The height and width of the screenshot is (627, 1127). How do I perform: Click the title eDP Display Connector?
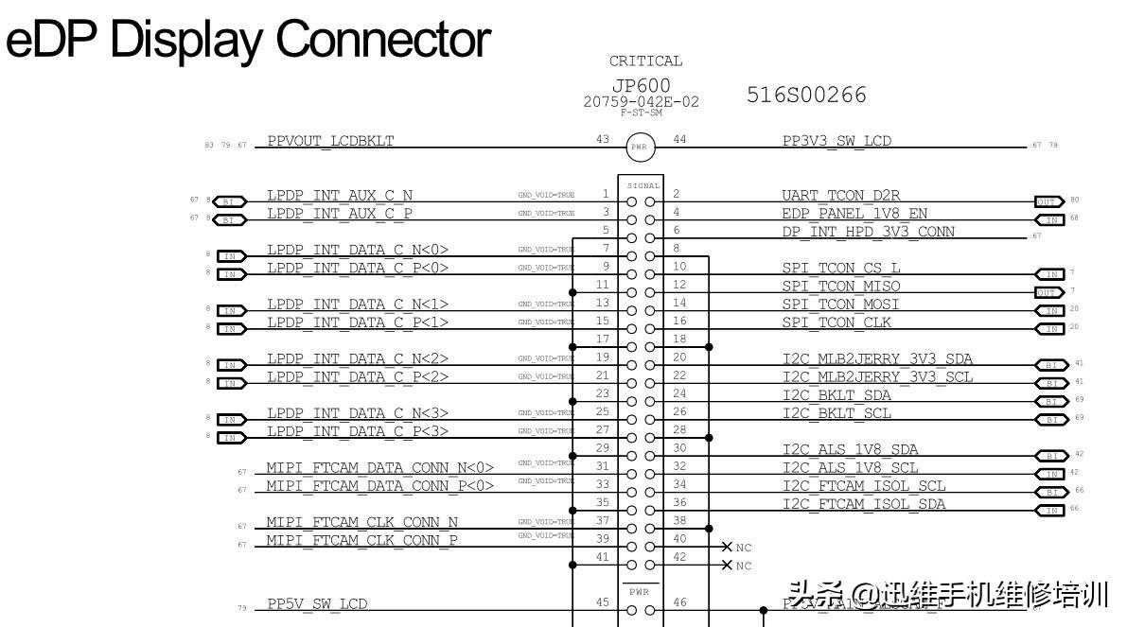point(249,40)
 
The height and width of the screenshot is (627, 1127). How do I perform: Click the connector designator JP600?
point(641,86)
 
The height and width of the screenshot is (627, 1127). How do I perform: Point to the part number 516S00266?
point(806,95)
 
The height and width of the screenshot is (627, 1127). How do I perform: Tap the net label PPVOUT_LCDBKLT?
point(330,141)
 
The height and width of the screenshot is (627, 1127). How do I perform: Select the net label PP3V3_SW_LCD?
point(836,141)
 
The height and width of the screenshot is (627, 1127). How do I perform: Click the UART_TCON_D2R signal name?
point(841,195)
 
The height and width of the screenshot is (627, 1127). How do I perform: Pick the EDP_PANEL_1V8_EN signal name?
point(841,213)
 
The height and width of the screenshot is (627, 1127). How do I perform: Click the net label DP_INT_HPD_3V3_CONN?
point(868,231)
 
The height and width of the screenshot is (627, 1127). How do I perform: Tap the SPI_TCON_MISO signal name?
point(841,286)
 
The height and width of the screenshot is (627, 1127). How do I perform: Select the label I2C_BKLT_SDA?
point(836,394)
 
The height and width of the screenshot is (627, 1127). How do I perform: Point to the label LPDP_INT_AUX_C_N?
point(340,195)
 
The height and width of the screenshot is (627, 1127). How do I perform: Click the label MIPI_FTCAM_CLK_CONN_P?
point(361,539)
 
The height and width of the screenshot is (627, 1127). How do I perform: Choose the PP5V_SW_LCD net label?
point(317,603)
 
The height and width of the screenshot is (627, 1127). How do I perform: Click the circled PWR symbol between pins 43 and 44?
point(640,147)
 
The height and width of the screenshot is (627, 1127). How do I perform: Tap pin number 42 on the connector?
point(679,557)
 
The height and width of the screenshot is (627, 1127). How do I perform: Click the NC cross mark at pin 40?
point(727,547)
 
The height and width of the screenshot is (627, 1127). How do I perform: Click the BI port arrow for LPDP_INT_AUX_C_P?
point(229,219)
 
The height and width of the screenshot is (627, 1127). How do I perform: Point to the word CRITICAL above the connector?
point(645,61)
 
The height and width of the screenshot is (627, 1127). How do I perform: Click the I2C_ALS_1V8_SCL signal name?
point(850,467)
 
